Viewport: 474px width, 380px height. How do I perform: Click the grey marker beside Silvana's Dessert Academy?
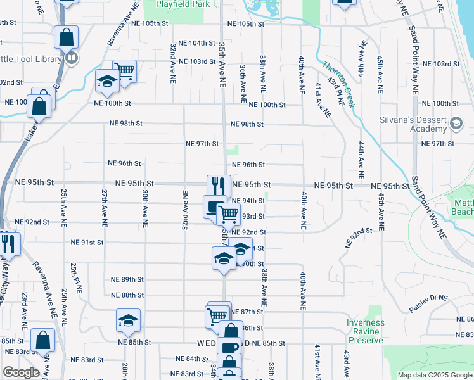(456, 124)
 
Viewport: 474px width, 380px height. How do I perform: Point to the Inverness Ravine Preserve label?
(366, 331)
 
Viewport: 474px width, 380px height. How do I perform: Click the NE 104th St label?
(197, 43)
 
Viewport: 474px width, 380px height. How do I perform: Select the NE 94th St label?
(248, 200)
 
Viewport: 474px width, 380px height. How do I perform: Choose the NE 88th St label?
(127, 295)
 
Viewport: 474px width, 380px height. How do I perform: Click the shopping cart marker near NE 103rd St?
(125, 70)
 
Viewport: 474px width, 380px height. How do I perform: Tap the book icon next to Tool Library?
(72, 59)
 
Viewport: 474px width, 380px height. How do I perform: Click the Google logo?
(20, 372)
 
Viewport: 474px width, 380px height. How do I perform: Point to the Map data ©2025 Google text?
(433, 375)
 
